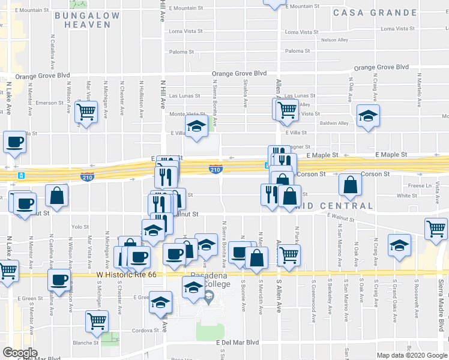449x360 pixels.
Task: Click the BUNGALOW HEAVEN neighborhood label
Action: point(83,19)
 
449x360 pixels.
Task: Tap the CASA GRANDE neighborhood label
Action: point(383,13)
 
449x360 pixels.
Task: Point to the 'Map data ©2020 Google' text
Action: point(411,355)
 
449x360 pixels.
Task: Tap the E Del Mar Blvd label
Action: point(237,343)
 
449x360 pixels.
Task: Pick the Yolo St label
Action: point(80,227)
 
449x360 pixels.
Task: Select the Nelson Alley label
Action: point(335,40)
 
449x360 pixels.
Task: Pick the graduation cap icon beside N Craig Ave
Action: point(399,244)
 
